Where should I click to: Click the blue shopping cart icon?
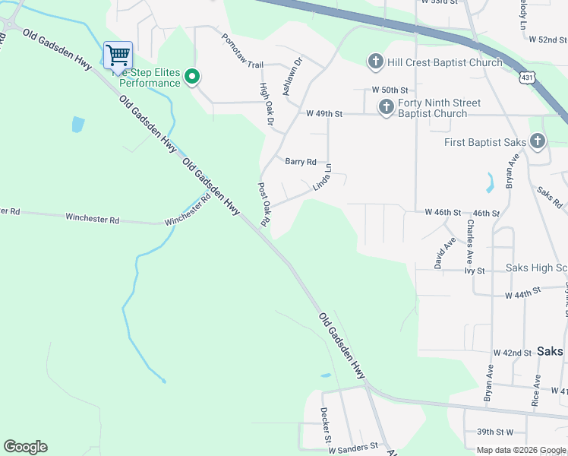point(117,55)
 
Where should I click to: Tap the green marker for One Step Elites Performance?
point(193,76)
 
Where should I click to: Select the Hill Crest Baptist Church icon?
point(375,62)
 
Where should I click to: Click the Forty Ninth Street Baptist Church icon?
point(386,107)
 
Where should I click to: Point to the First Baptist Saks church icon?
point(537,141)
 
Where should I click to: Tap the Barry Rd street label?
point(300,161)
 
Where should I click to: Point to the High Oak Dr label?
point(266,103)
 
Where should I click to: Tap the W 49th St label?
point(324,113)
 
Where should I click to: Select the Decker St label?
point(324,429)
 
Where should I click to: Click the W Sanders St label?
point(352,449)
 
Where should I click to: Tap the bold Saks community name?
point(550,351)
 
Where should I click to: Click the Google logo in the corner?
point(25,447)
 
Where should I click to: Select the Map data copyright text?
point(521,450)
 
